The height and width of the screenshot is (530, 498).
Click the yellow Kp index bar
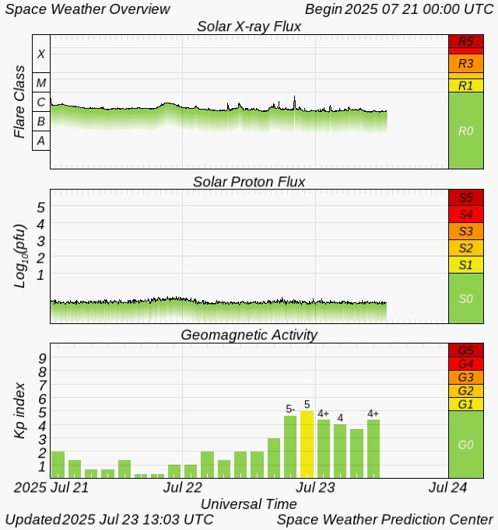click(307, 444)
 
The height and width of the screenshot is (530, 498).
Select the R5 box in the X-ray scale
click(465, 41)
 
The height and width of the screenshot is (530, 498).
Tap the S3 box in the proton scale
click(465, 231)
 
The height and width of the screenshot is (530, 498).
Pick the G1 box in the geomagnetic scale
click(465, 404)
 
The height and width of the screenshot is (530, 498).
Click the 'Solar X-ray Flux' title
click(249, 27)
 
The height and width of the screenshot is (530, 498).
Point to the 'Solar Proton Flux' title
click(249, 182)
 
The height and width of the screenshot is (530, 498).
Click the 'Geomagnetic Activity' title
click(249, 335)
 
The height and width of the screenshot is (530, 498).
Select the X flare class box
click(41, 54)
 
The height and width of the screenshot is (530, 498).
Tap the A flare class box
click(41, 140)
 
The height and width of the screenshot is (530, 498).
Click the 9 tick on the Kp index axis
click(42, 357)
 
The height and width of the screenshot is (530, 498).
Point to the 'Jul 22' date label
click(184, 487)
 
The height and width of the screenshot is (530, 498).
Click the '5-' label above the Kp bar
click(290, 409)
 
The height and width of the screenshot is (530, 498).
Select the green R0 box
click(465, 131)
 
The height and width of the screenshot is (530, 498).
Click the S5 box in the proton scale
click(465, 197)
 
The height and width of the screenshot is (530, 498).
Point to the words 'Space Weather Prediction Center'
click(384, 519)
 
